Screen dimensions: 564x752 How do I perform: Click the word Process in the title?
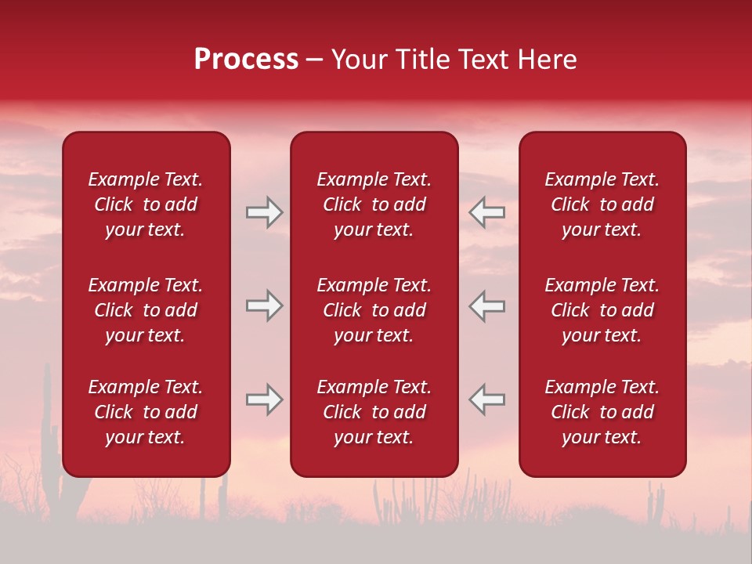coord(246,60)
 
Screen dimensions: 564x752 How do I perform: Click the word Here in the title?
coord(546,60)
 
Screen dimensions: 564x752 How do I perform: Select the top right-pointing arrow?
coord(264,212)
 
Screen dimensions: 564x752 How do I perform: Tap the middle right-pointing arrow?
coord(264,305)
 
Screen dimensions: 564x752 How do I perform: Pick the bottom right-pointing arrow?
coord(264,399)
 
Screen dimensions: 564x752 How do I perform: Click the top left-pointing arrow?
coord(487,212)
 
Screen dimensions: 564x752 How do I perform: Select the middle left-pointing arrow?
coord(487,305)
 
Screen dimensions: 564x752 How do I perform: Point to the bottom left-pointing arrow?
coord(487,399)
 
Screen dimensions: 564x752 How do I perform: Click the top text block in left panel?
coord(146,204)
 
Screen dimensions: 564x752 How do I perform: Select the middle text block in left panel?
coord(146,310)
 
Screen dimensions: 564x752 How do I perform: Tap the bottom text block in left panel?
coord(146,412)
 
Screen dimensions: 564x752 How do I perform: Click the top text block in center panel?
coord(374,204)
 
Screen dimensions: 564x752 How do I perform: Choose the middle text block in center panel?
coord(374,310)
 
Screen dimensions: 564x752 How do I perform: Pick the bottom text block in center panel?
coord(374,412)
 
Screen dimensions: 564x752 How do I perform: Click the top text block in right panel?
coord(602,204)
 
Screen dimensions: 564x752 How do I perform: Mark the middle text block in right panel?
coord(602,310)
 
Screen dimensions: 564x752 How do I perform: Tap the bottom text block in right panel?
coord(602,412)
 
